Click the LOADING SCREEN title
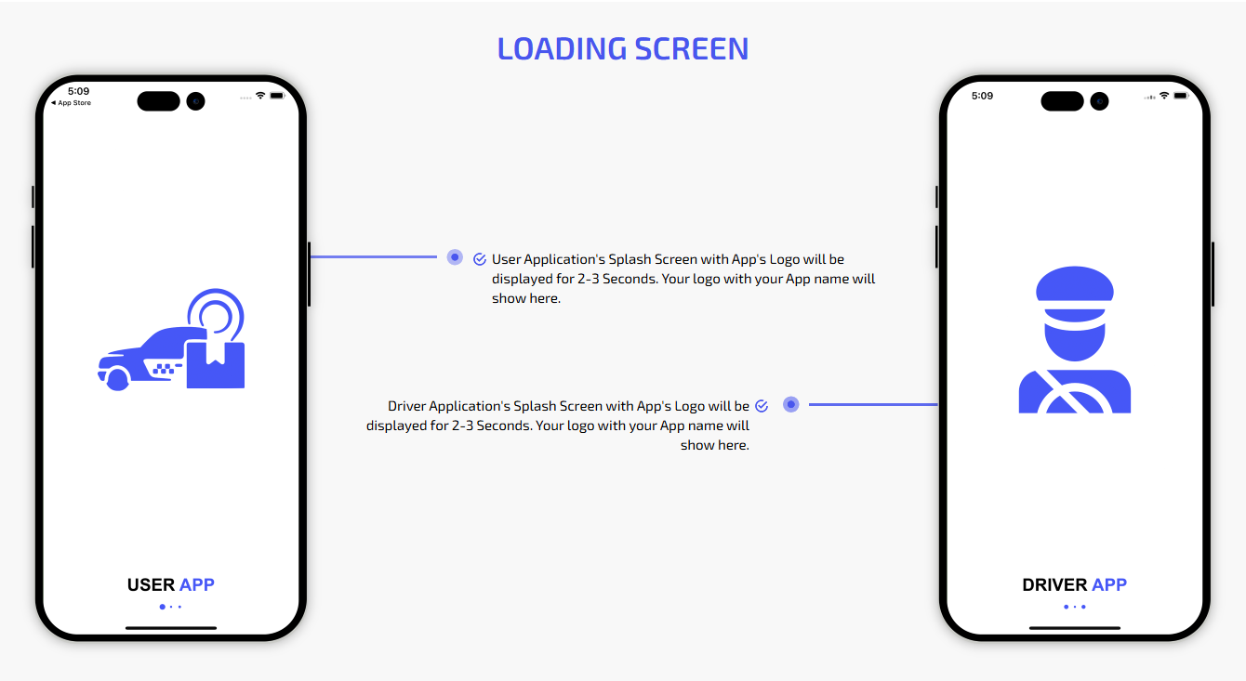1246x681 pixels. pyautogui.click(x=622, y=48)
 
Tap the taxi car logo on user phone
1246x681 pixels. pyautogui.click(x=171, y=339)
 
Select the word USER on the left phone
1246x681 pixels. pyautogui.click(x=151, y=584)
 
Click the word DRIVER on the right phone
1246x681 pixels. pyautogui.click(x=1054, y=584)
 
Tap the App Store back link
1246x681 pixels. pyautogui.click(x=71, y=103)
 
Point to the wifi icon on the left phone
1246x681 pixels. pyautogui.click(x=259, y=96)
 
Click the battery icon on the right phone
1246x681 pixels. pyautogui.click(x=1180, y=96)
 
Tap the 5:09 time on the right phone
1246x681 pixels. pyautogui.click(x=982, y=96)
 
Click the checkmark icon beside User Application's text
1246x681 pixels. pyautogui.click(x=480, y=259)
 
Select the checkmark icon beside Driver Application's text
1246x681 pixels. pyautogui.click(x=762, y=406)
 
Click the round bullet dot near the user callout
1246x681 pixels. pyautogui.click(x=455, y=256)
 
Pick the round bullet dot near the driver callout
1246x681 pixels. pyautogui.click(x=790, y=404)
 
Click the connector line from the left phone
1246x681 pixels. pyautogui.click(x=373, y=256)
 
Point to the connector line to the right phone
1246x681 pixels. pyautogui.click(x=873, y=405)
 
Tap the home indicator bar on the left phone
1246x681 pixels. pyautogui.click(x=171, y=628)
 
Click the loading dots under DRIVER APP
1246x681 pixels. pyautogui.click(x=1075, y=607)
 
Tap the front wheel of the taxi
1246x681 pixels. pyautogui.click(x=117, y=380)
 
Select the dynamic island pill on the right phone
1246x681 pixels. pyautogui.click(x=1062, y=101)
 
